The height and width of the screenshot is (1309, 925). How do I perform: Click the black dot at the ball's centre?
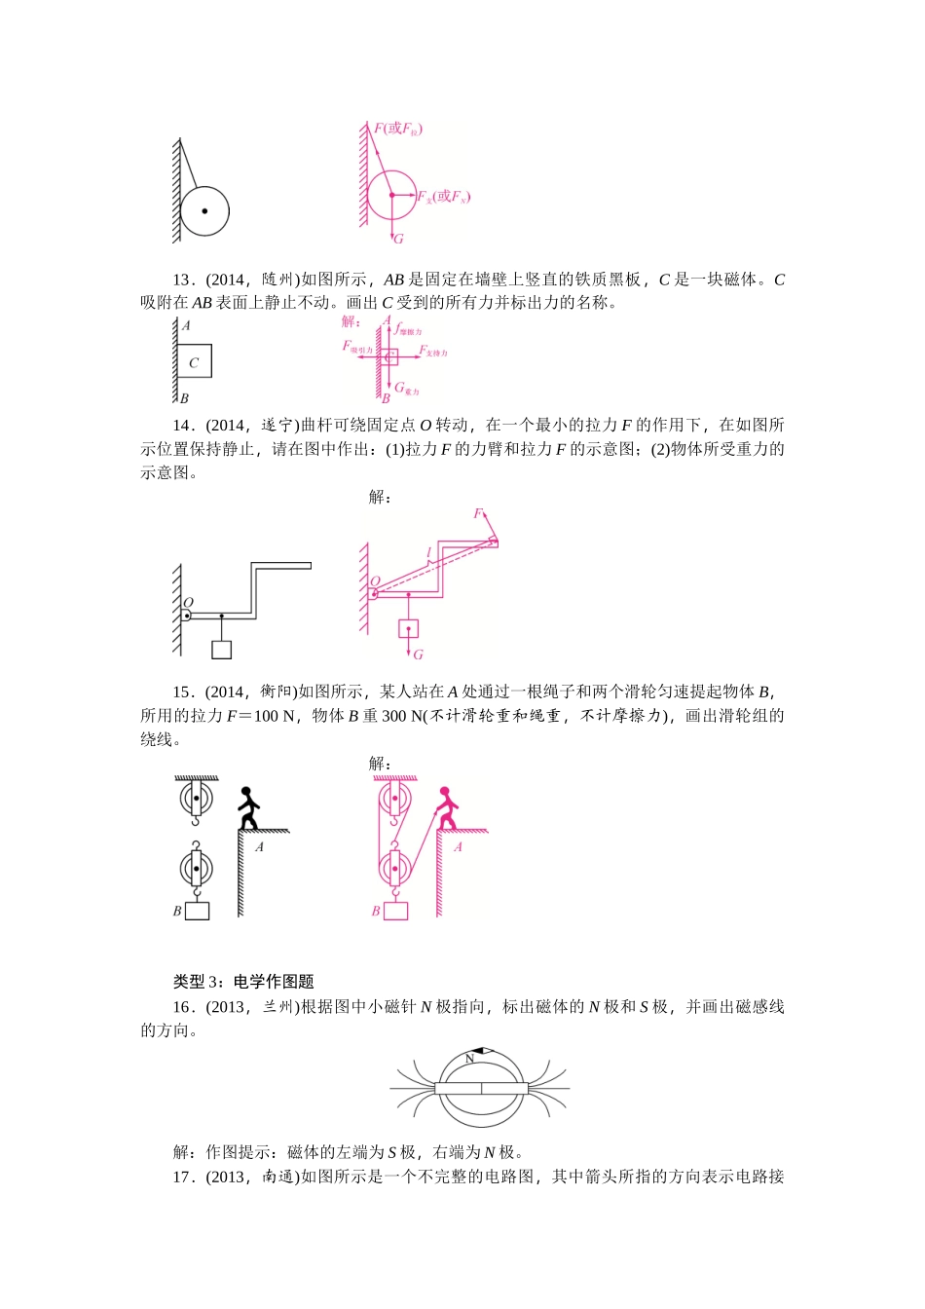tap(204, 211)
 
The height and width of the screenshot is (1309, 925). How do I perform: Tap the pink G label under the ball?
tap(398, 239)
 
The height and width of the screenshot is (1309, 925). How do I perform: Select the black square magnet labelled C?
tap(194, 361)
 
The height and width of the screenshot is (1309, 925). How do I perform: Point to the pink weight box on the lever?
tap(408, 628)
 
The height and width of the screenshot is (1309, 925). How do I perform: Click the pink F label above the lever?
tap(477, 513)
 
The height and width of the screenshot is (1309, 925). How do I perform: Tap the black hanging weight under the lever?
tap(222, 650)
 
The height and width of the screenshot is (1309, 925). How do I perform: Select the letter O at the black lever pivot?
tap(189, 603)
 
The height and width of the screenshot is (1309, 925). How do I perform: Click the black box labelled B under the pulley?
tap(198, 911)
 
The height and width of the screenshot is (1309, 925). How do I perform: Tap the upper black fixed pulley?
tap(196, 799)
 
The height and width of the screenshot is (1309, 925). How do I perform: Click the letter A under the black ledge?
tap(259, 847)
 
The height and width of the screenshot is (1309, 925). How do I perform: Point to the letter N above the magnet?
tap(469, 1058)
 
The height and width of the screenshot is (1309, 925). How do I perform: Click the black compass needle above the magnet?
tap(484, 1052)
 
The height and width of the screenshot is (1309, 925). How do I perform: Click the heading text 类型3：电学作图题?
tap(243, 982)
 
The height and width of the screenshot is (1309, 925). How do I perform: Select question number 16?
tap(184, 1007)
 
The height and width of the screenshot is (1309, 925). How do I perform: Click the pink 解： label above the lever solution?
tap(380, 498)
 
